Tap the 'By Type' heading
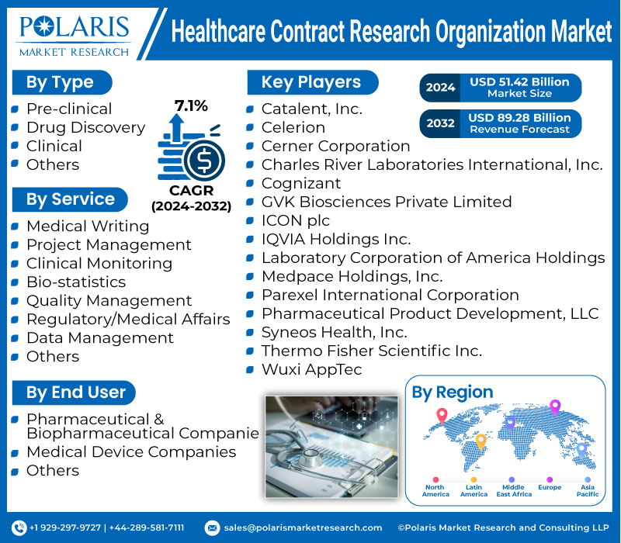click(x=60, y=82)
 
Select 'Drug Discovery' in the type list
click(x=85, y=127)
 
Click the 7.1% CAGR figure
click(x=191, y=106)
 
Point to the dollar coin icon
click(x=206, y=161)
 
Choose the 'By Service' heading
click(x=70, y=199)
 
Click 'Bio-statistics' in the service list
click(x=76, y=282)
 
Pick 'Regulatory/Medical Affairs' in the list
click(x=128, y=319)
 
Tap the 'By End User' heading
click(x=75, y=393)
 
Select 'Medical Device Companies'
click(x=131, y=451)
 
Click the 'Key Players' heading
click(x=311, y=82)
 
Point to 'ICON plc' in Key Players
click(x=296, y=220)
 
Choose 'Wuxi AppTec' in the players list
click(x=311, y=369)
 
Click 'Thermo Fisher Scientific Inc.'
click(x=371, y=351)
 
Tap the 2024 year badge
click(x=440, y=88)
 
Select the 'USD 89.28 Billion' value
click(x=519, y=118)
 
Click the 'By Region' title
click(x=453, y=393)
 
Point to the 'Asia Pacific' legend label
click(x=587, y=490)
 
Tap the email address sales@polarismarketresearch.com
click(x=303, y=527)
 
